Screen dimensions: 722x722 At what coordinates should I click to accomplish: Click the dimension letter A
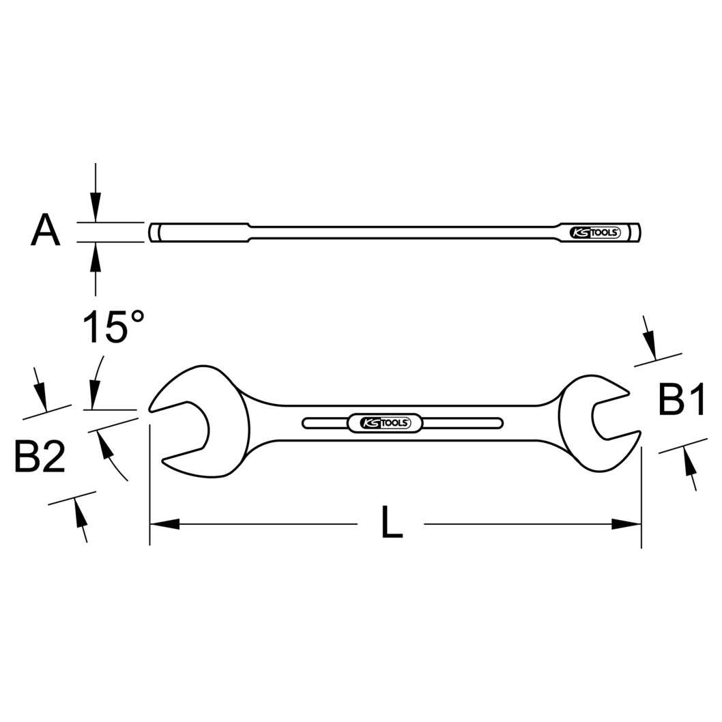[x=46, y=229]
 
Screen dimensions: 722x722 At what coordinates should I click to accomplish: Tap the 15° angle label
[x=113, y=326]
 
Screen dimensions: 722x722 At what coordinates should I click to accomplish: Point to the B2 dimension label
[x=40, y=456]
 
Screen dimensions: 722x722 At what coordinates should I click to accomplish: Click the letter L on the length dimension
[x=392, y=521]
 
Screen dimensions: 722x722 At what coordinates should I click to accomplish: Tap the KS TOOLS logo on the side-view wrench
[x=595, y=233]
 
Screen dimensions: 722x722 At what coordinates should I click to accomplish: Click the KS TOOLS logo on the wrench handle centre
[x=385, y=422]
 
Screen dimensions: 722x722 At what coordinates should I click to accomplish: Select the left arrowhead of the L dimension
[x=164, y=523]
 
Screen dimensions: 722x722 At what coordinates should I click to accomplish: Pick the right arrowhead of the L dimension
[x=626, y=523]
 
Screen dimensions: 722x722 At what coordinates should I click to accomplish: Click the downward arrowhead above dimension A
[x=96, y=207]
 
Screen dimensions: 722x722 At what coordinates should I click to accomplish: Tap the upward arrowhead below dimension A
[x=96, y=257]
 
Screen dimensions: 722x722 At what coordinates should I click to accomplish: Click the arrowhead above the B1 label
[x=650, y=345]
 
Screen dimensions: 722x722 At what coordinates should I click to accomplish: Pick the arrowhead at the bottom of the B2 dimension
[x=79, y=513]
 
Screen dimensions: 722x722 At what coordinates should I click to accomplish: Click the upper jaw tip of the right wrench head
[x=628, y=392]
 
